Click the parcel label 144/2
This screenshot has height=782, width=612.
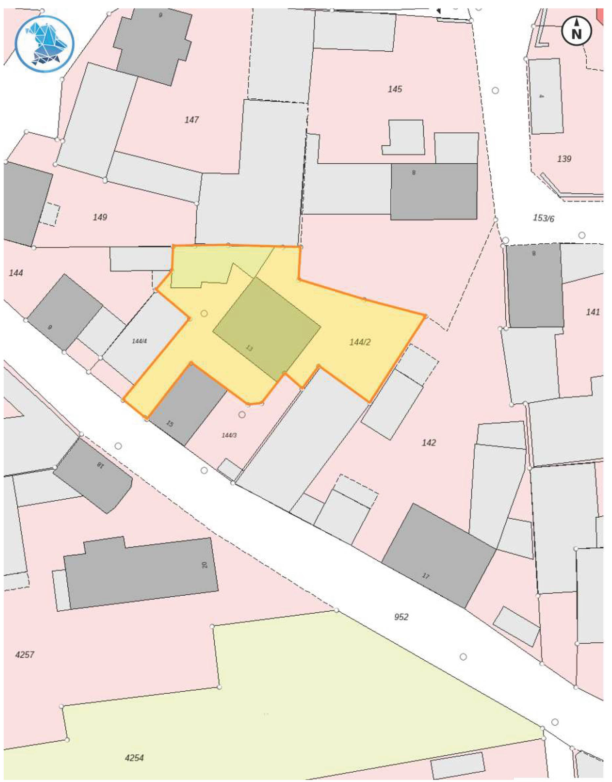coord(360,342)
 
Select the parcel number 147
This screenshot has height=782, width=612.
coord(192,120)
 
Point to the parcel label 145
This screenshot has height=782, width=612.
coord(395,89)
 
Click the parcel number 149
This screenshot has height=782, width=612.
coord(100,217)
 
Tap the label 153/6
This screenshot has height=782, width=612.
coord(543,218)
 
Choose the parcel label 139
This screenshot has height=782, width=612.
coord(564,159)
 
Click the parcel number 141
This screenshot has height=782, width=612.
coord(593,312)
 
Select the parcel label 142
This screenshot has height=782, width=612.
coord(429,443)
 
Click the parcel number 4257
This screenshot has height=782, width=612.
coord(25,655)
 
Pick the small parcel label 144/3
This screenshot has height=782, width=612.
coord(229,435)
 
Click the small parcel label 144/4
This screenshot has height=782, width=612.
coord(139,341)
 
